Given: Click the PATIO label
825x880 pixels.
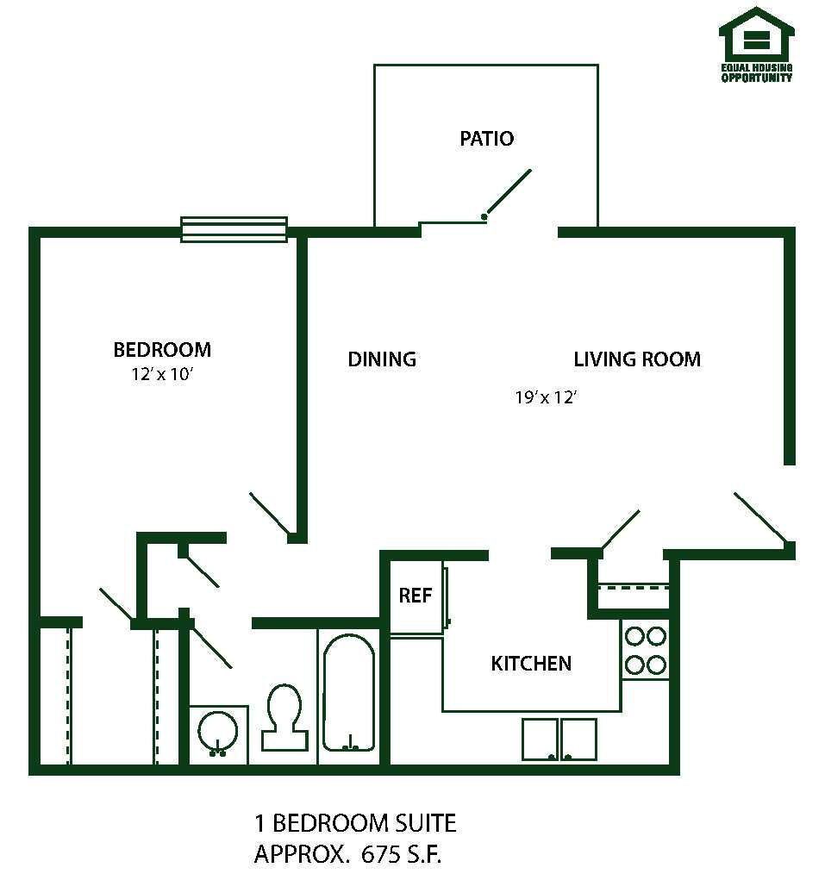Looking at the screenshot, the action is tap(486, 139).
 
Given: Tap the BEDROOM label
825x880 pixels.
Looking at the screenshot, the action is tap(162, 350).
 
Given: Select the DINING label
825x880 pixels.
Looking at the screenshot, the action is tap(382, 359).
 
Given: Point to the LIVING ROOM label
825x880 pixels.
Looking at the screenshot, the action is tap(637, 359).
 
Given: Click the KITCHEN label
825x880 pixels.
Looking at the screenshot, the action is tap(531, 664).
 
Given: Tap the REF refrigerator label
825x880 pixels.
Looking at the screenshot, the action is tap(416, 595).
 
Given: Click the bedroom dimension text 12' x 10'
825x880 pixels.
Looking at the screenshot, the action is tap(162, 374).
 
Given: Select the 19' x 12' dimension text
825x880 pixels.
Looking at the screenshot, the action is tap(546, 397).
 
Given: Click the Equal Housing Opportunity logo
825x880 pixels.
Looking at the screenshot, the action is tap(757, 44).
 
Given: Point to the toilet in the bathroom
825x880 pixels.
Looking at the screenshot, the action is tap(284, 717).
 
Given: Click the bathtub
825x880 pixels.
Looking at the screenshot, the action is tap(348, 693).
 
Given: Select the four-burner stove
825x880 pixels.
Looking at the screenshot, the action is tap(646, 650).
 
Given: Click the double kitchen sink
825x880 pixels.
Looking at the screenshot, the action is tap(559, 740).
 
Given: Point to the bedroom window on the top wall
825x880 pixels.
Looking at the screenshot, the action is tap(234, 229).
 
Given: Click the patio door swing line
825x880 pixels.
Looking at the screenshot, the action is tap(508, 192).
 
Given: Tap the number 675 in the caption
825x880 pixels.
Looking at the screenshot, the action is tap(381, 854).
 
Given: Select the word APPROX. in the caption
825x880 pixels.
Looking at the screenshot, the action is tap(300, 854).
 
